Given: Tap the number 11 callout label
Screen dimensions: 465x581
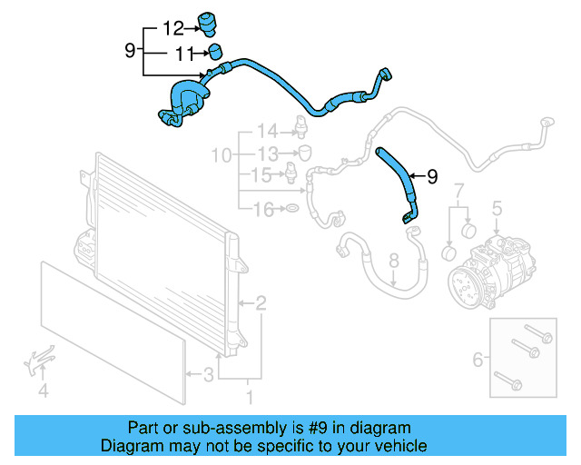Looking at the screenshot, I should [185, 54].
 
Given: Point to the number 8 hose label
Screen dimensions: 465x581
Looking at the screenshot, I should [394, 263].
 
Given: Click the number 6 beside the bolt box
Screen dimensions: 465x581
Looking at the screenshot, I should [478, 361].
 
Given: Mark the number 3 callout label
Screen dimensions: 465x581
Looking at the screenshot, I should [208, 373].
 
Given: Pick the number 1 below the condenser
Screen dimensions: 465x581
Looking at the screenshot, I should [249, 396].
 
